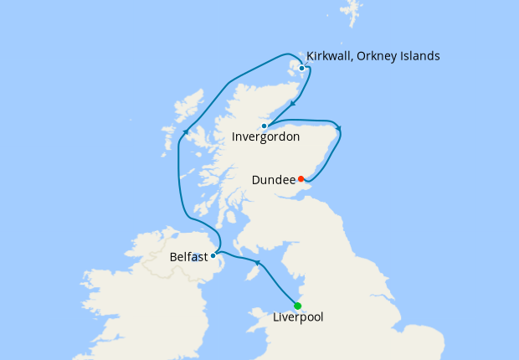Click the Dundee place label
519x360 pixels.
pyautogui.click(x=273, y=179)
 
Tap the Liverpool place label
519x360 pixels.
pyautogui.click(x=298, y=317)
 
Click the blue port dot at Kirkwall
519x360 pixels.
pyautogui.click(x=302, y=68)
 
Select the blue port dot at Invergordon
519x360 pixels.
pyautogui.click(x=264, y=126)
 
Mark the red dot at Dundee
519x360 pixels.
pyautogui.click(x=301, y=178)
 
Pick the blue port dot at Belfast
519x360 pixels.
pyautogui.click(x=213, y=255)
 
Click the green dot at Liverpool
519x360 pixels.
pyautogui.click(x=298, y=306)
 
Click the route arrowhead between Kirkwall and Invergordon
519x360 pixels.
pyautogui.click(x=292, y=104)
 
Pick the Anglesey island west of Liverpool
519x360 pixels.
pyautogui.click(x=254, y=316)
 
